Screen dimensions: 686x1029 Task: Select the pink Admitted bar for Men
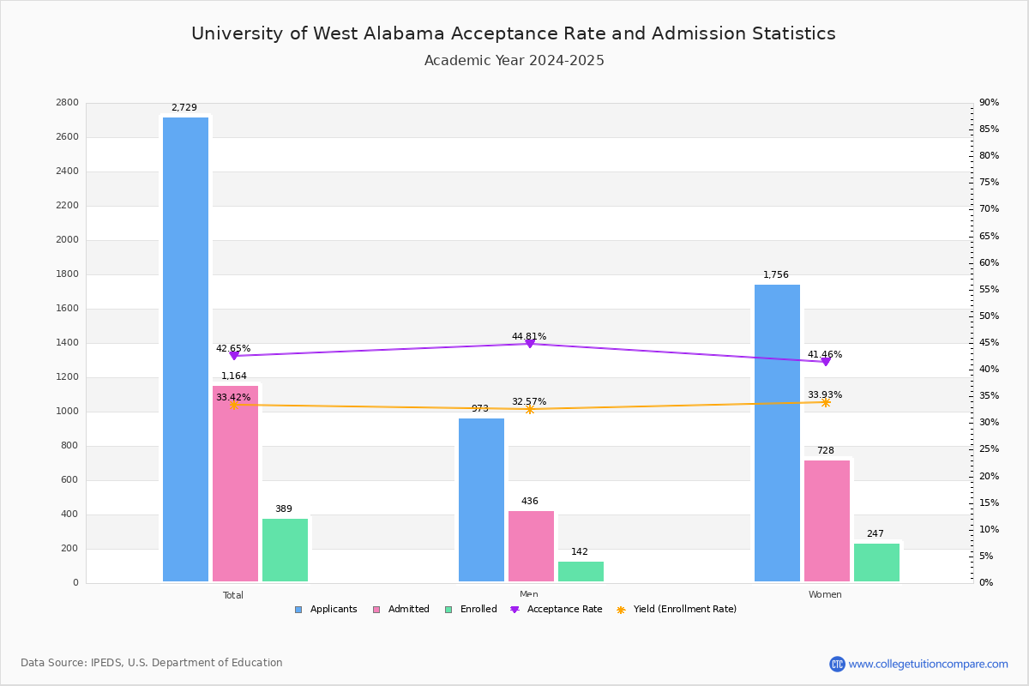pyautogui.click(x=531, y=546)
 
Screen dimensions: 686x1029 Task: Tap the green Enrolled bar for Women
pyautogui.click(x=876, y=563)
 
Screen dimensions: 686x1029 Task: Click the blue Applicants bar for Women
pyautogui.click(x=777, y=433)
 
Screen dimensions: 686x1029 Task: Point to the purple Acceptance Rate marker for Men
pyautogui.click(x=530, y=344)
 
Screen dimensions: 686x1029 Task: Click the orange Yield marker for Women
pyautogui.click(x=826, y=402)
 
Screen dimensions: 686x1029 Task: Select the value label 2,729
pyautogui.click(x=184, y=108)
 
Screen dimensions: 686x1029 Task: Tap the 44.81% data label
pyautogui.click(x=529, y=337)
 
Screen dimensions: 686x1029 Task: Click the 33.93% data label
pyautogui.click(x=825, y=395)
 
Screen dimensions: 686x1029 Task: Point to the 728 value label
pyautogui.click(x=826, y=451)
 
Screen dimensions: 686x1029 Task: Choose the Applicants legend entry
pyautogui.click(x=326, y=610)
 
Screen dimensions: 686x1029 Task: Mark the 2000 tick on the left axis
pyautogui.click(x=68, y=240)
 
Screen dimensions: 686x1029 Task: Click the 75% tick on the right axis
pyautogui.click(x=990, y=183)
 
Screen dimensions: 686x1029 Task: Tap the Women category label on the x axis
pyautogui.click(x=825, y=595)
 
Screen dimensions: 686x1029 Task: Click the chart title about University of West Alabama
pyautogui.click(x=514, y=33)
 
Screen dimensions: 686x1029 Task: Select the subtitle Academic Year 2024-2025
pyautogui.click(x=514, y=61)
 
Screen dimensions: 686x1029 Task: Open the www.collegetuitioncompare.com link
pyautogui.click(x=928, y=664)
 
